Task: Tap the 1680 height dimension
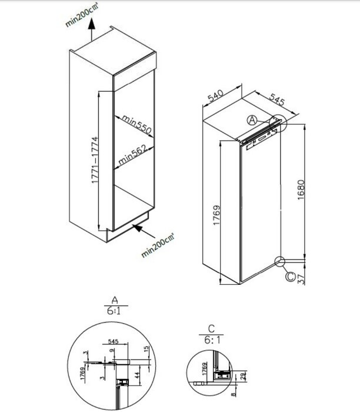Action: tap(301, 192)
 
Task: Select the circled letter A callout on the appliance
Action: tap(251, 120)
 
